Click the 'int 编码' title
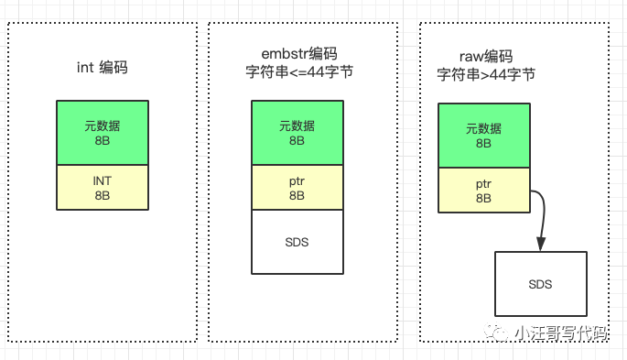pyautogui.click(x=102, y=67)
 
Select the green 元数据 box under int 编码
pyautogui.click(x=102, y=133)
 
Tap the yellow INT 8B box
pyautogui.click(x=102, y=187)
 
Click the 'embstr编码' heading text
pyautogui.click(x=297, y=53)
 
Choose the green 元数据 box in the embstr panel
pyautogui.click(x=297, y=133)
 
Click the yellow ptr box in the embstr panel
pyautogui.click(x=297, y=187)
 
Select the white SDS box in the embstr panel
pyautogui.click(x=297, y=241)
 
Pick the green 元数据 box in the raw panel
pyautogui.click(x=484, y=136)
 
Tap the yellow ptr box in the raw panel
pyautogui.click(x=484, y=191)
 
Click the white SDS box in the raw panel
pyautogui.click(x=540, y=284)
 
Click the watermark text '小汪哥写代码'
pyautogui.click(x=559, y=333)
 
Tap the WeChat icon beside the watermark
pyautogui.click(x=499, y=333)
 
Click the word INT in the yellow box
pyautogui.click(x=102, y=181)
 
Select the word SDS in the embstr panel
pyautogui.click(x=297, y=241)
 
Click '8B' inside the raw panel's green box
pyautogui.click(x=484, y=144)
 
